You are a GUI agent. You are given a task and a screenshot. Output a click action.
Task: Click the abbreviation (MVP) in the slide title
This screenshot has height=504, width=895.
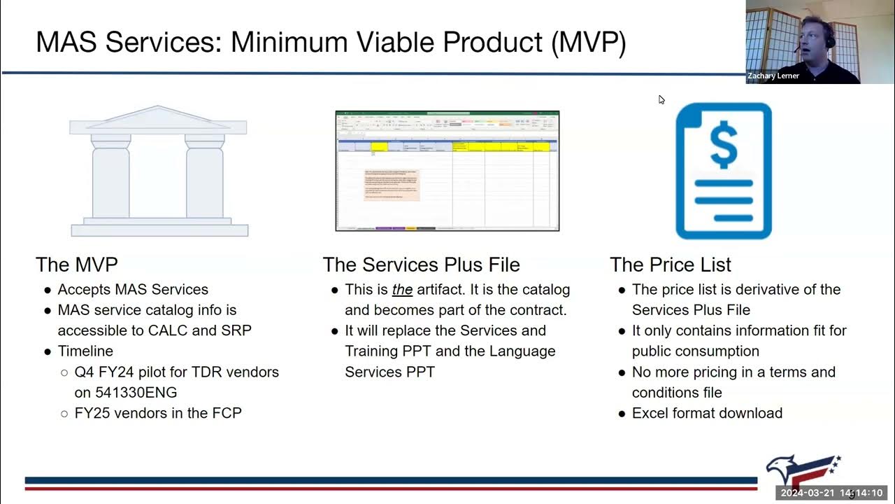[588, 43]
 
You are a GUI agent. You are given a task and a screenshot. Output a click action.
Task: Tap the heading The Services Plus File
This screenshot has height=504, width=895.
[421, 265]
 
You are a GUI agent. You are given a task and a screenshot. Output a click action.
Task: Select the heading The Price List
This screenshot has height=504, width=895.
[670, 265]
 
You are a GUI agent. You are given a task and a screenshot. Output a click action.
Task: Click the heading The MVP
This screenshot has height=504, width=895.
[77, 265]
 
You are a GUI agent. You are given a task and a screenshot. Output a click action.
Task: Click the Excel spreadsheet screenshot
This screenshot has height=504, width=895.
[447, 171]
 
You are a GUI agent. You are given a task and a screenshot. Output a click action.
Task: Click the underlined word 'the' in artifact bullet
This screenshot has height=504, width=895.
[402, 290]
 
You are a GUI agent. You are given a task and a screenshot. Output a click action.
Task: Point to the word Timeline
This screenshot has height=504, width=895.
[85, 351]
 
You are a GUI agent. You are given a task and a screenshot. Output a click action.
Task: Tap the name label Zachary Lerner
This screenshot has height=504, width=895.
[773, 76]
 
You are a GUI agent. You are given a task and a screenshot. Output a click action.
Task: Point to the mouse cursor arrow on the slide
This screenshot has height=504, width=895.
[661, 99]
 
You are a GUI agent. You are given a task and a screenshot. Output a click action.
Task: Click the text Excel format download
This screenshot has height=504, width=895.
[707, 413]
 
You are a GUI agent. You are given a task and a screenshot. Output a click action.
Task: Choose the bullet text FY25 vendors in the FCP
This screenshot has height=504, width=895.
[158, 413]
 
